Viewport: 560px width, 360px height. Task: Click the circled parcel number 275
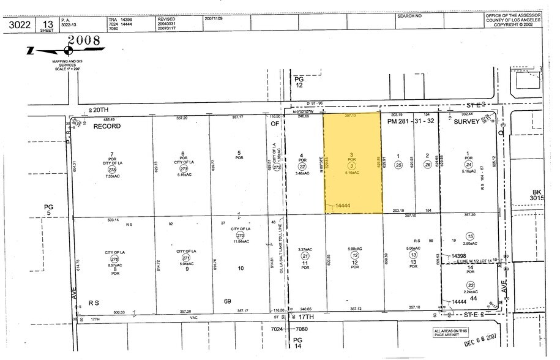coord(112,168)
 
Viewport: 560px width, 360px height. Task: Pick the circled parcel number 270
coord(240,235)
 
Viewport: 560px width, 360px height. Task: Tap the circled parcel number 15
coord(470,236)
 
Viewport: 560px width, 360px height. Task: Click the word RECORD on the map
coord(107,126)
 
